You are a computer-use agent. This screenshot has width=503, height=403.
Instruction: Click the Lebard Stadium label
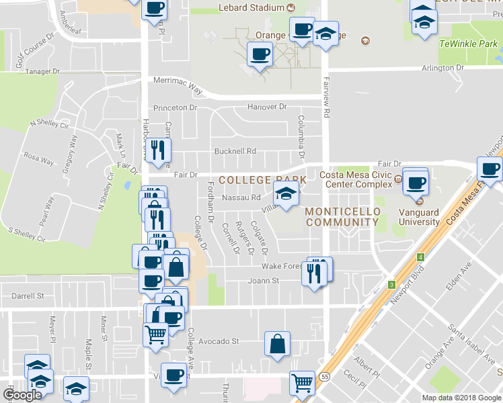tap(251, 8)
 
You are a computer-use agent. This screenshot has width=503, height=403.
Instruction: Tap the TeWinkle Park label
tap(468, 43)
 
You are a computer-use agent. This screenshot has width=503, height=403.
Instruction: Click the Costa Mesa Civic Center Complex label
tap(356, 179)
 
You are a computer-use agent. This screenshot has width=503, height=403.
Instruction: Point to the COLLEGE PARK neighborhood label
tap(262, 180)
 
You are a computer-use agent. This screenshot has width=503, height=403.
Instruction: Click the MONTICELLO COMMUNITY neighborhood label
tap(342, 216)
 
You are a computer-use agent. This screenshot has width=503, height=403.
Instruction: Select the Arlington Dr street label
tap(442, 68)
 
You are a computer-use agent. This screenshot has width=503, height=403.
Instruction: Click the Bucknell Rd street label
tap(235, 151)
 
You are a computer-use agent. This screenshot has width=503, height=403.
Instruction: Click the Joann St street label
tap(263, 281)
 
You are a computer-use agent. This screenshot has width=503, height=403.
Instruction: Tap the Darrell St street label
tap(28, 295)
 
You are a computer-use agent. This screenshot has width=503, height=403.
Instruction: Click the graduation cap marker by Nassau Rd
tap(286, 195)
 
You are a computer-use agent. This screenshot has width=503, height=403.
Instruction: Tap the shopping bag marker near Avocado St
tap(277, 345)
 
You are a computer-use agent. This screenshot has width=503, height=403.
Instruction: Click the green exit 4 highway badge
tap(420, 257)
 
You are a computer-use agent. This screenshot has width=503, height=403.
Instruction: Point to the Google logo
tap(22, 395)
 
